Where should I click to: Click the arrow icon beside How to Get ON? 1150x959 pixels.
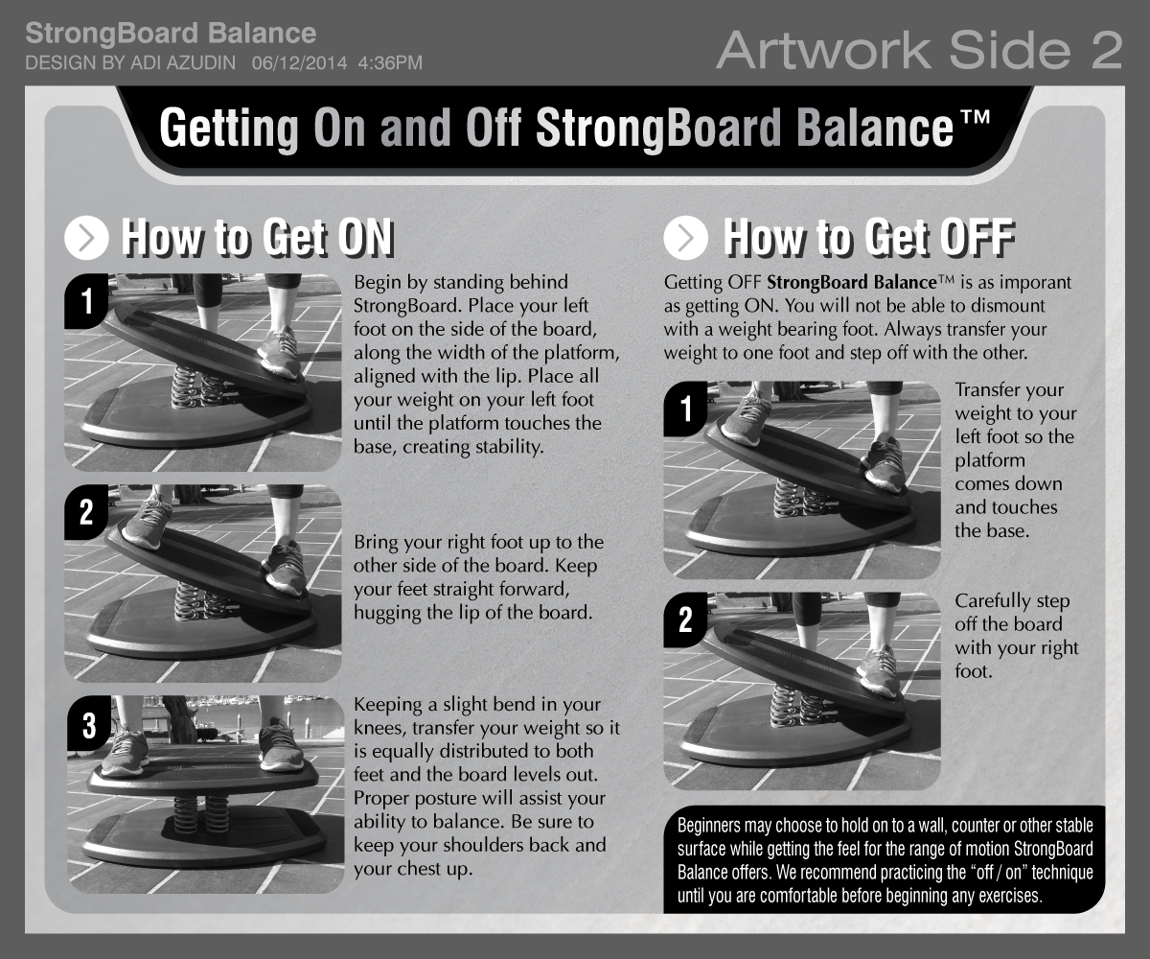(x=86, y=238)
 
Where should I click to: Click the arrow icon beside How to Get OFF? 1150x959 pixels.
(x=686, y=238)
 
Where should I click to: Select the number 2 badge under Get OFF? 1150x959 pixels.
(x=686, y=620)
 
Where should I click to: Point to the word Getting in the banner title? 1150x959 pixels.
(x=229, y=128)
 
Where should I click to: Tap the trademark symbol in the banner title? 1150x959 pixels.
(x=975, y=117)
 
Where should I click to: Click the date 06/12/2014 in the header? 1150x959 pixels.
(x=300, y=63)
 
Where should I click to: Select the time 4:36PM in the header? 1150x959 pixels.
(x=390, y=63)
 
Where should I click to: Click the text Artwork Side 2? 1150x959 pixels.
(x=919, y=51)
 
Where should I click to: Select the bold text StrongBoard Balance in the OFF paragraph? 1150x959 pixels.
(x=852, y=282)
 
